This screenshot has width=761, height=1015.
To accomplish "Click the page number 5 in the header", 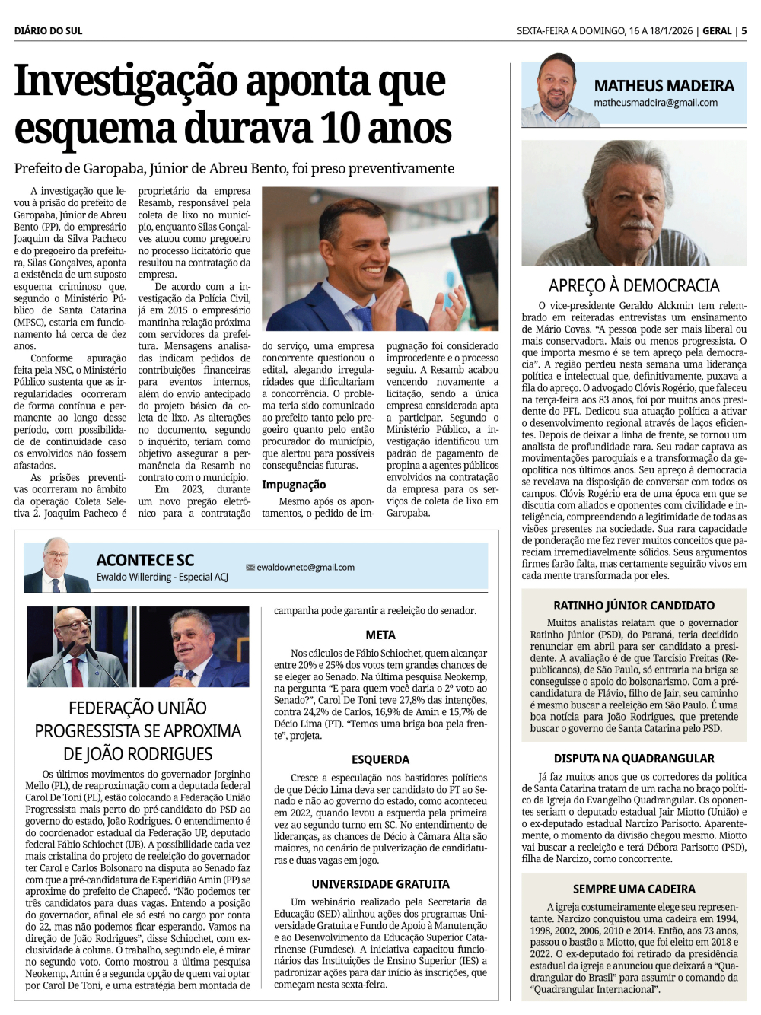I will (743, 31).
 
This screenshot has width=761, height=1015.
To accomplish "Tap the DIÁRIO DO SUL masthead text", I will (48, 31).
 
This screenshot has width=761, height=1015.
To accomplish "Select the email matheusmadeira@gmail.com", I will (655, 103).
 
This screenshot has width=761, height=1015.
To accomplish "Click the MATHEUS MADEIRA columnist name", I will (664, 86).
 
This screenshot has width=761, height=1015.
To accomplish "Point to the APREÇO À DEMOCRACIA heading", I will (634, 286).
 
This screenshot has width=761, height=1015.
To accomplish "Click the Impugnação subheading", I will (294, 485).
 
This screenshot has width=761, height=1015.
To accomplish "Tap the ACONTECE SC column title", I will (145, 560).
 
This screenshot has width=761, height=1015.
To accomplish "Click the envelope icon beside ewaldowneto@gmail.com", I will (250, 568).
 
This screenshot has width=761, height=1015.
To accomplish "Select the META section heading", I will (380, 635).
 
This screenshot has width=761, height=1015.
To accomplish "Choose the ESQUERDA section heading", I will (380, 759).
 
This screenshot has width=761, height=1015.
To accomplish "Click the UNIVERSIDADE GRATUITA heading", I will (380, 884).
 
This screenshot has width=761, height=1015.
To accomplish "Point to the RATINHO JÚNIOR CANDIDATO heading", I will (634, 606).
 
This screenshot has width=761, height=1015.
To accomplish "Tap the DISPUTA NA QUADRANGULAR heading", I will (634, 759).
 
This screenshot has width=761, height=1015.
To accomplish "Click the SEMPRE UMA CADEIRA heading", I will (634, 889).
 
